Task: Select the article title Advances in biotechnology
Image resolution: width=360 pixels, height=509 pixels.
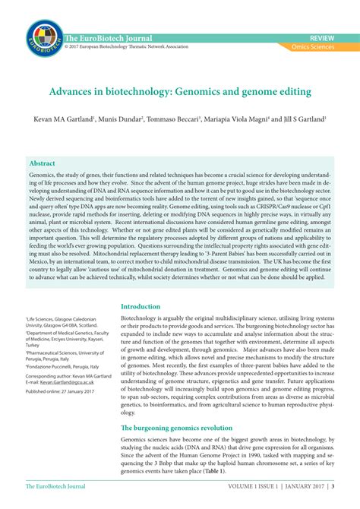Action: (x=180, y=92)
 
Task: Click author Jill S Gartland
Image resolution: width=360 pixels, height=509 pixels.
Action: (x=302, y=120)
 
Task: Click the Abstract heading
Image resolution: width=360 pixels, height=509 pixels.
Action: (x=42, y=163)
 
